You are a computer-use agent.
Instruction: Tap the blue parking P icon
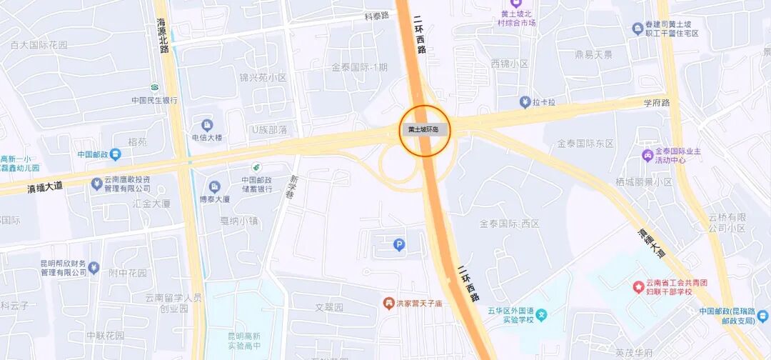click(x=399, y=246)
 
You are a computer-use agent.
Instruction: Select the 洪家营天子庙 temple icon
click(x=388, y=304)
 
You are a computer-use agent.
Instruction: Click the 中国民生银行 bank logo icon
click(x=153, y=87)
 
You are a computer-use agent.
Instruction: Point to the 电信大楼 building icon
click(x=207, y=125)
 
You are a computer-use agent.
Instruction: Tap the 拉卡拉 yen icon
click(x=525, y=103)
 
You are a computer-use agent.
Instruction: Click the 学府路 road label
click(x=657, y=103)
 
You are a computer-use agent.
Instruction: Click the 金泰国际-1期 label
click(x=359, y=67)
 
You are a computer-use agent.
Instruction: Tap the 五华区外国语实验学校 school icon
click(x=542, y=315)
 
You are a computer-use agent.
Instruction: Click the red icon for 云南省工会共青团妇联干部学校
click(x=638, y=287)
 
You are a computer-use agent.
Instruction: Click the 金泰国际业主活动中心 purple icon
click(x=647, y=155)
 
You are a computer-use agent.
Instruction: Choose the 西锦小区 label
click(x=509, y=64)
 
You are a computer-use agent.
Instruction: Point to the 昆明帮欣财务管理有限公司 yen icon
click(x=94, y=268)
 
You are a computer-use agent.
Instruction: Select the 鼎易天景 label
click(x=593, y=54)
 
